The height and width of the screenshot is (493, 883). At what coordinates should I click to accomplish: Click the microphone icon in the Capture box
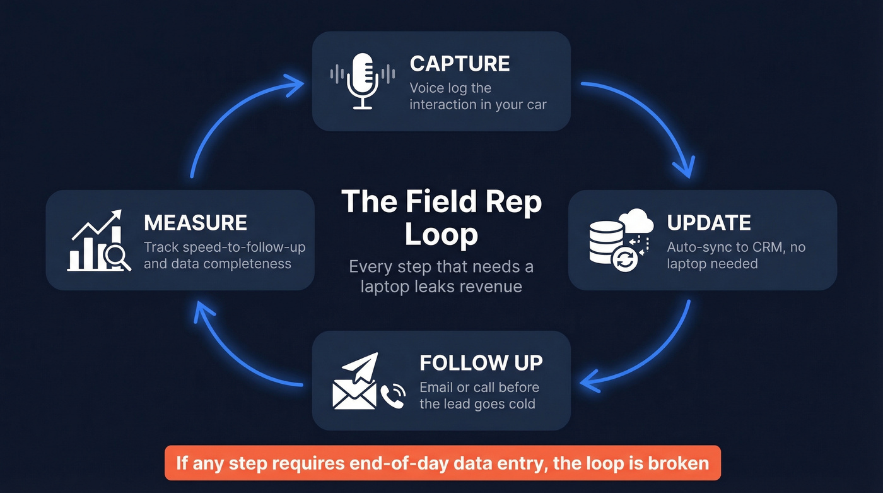coord(363,81)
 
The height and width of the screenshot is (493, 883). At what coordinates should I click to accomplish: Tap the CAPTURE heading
coord(459,64)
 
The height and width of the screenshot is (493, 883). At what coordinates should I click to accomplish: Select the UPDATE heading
coord(709,222)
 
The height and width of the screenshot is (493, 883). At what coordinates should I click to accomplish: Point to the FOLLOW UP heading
coord(481,363)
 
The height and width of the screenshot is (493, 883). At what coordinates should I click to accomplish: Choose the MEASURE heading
coord(195,222)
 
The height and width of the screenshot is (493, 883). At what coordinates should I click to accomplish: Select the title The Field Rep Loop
coord(441,218)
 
